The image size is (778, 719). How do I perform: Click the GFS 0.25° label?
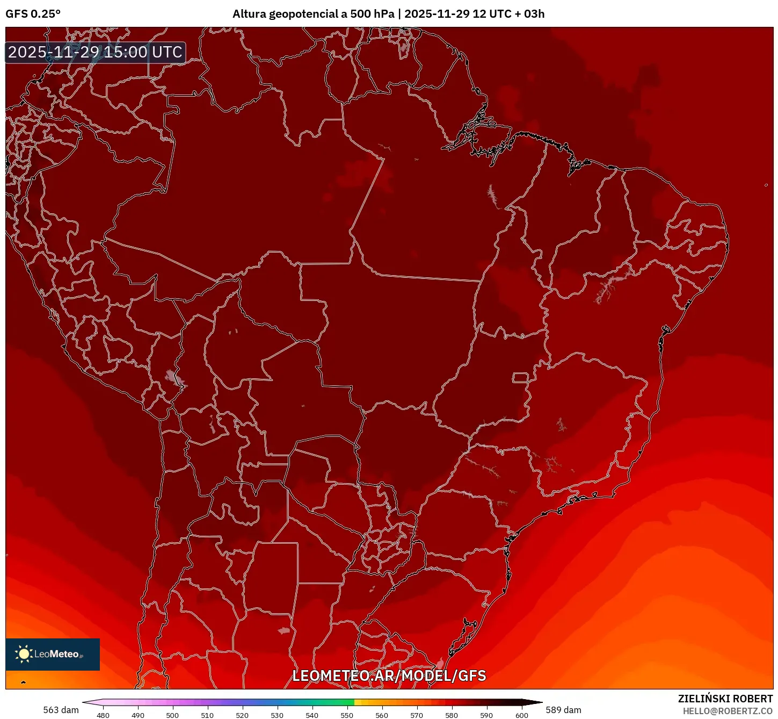point(33,14)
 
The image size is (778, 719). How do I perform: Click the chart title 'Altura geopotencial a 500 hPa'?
point(313,14)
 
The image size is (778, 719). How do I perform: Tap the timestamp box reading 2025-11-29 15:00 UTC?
point(96,53)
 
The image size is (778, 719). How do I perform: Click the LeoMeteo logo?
point(53,654)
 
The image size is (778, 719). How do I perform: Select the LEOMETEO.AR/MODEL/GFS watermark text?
point(389,676)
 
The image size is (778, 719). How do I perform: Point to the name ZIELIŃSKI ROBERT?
point(725,699)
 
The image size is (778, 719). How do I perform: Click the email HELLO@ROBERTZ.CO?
point(727,711)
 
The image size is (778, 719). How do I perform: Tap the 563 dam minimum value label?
point(61,710)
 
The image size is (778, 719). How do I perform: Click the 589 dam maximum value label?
point(563,710)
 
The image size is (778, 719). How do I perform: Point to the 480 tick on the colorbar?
point(103,715)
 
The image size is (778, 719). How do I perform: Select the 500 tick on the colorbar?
point(172,715)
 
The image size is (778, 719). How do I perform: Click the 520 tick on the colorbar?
point(242,715)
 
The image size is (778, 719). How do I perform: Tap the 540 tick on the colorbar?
point(312,715)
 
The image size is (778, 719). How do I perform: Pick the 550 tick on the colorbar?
point(347,715)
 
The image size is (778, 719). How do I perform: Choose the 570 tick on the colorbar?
point(417,715)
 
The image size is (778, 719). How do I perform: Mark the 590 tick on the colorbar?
point(486,715)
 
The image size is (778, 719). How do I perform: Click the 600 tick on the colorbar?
point(521,715)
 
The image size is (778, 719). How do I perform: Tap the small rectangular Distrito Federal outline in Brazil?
point(520,377)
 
